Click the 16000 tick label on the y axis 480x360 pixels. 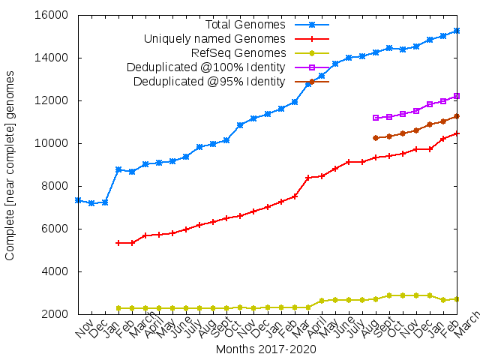coord(52,15)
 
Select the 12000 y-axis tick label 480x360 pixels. coord(52,100)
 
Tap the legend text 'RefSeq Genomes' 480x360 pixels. coord(238,52)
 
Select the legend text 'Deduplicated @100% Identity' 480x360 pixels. coord(206,67)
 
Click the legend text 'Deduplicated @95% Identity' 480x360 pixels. coord(209,81)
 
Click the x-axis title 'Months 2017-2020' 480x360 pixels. coord(265,349)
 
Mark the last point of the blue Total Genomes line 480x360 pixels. coord(457,31)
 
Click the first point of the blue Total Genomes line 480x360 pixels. coord(78,200)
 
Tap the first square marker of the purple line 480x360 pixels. coord(376,118)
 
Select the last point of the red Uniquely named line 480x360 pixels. coord(457,133)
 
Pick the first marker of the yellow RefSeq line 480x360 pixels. coord(118,308)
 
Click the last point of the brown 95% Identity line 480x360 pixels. coord(457,116)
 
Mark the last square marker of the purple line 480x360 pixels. coord(457,96)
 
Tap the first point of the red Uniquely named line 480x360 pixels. coord(118,243)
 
